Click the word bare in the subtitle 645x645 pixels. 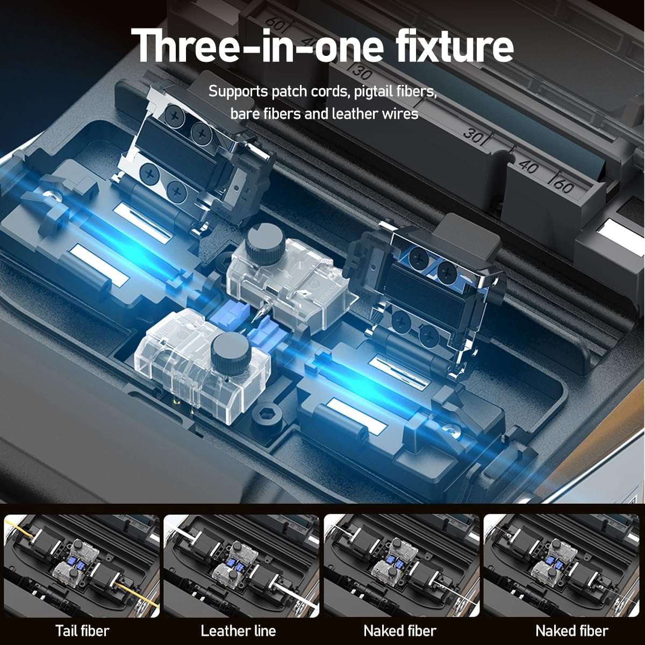(242, 114)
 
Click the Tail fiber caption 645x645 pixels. (82, 630)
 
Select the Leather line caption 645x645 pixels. (238, 630)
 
